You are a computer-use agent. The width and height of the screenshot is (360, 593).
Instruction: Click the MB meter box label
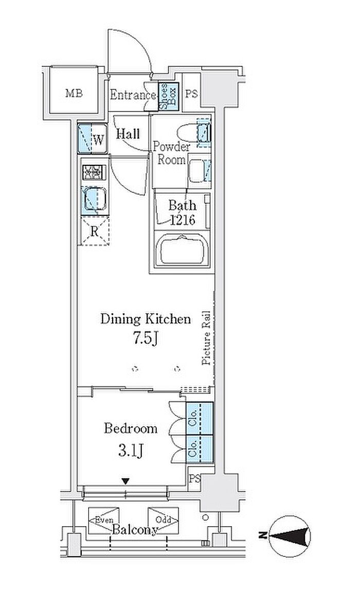(74, 93)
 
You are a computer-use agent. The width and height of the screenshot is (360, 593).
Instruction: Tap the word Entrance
(133, 95)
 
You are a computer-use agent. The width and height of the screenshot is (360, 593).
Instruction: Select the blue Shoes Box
(168, 97)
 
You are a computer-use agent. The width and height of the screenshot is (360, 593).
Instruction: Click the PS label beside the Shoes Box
(191, 94)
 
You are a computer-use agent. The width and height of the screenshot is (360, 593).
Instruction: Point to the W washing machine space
(93, 138)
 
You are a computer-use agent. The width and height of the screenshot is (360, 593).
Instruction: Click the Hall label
(128, 134)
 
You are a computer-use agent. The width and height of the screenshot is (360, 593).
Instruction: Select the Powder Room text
(171, 153)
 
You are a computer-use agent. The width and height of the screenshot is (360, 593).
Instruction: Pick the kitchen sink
(94, 199)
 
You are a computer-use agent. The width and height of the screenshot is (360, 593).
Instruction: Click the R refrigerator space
(94, 231)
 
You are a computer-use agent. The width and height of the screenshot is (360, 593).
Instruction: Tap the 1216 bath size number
(182, 220)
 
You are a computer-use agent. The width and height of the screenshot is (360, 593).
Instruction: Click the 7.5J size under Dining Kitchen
(145, 339)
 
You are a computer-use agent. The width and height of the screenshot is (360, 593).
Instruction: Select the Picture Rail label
(207, 338)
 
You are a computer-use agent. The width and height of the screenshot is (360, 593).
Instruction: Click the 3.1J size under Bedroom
(131, 450)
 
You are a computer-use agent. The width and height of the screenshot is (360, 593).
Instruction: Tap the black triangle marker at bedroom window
(125, 481)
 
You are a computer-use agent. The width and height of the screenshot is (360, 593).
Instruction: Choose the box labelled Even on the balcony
(104, 521)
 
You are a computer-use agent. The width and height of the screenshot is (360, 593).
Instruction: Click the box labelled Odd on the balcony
(163, 521)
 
